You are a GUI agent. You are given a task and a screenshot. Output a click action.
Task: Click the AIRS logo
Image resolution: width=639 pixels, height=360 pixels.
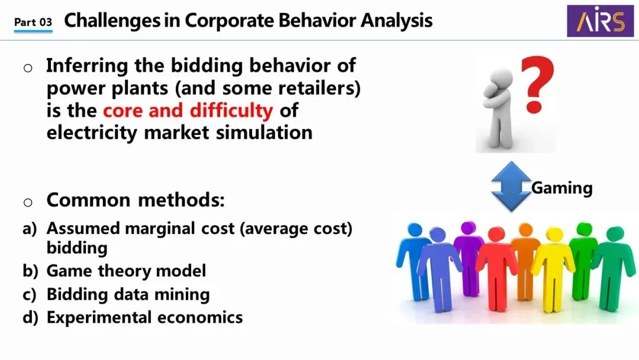601,21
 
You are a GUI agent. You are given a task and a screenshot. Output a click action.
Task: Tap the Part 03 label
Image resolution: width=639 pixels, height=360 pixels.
33,22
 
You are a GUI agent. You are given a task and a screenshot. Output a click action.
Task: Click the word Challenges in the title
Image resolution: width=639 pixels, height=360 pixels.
112,20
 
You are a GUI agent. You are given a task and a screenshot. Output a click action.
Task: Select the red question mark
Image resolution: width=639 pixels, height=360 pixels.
538,84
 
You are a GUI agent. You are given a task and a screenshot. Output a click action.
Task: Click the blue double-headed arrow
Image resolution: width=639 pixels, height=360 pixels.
511,186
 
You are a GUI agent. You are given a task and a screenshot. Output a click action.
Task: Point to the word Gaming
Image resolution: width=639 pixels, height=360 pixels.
562,188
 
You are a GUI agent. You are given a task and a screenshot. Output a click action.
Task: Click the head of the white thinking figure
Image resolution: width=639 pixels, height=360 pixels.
500,78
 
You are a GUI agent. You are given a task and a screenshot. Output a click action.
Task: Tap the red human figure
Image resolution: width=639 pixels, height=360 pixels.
496,268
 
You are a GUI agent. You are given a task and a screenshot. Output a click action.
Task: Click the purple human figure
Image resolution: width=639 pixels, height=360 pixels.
468,258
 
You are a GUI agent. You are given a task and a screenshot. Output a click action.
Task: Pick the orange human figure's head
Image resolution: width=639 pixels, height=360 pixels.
525,230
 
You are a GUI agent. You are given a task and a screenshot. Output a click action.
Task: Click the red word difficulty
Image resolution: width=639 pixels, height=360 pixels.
231,111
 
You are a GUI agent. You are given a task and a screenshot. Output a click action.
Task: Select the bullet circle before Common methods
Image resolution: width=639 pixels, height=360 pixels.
28,202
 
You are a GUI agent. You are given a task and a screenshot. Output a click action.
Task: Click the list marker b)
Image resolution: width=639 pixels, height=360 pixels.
30,271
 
